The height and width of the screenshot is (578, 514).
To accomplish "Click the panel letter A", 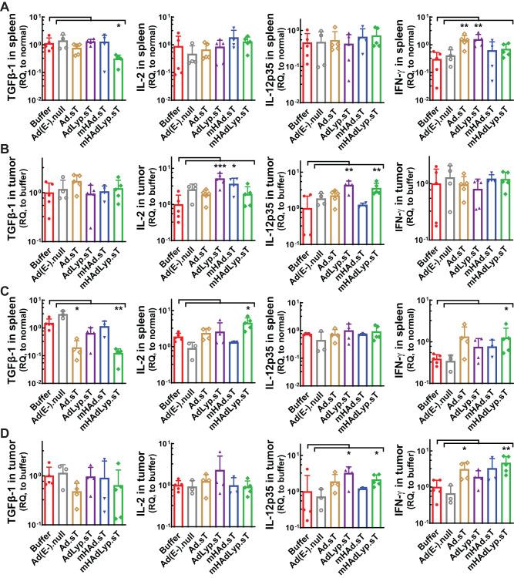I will (6, 7).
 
